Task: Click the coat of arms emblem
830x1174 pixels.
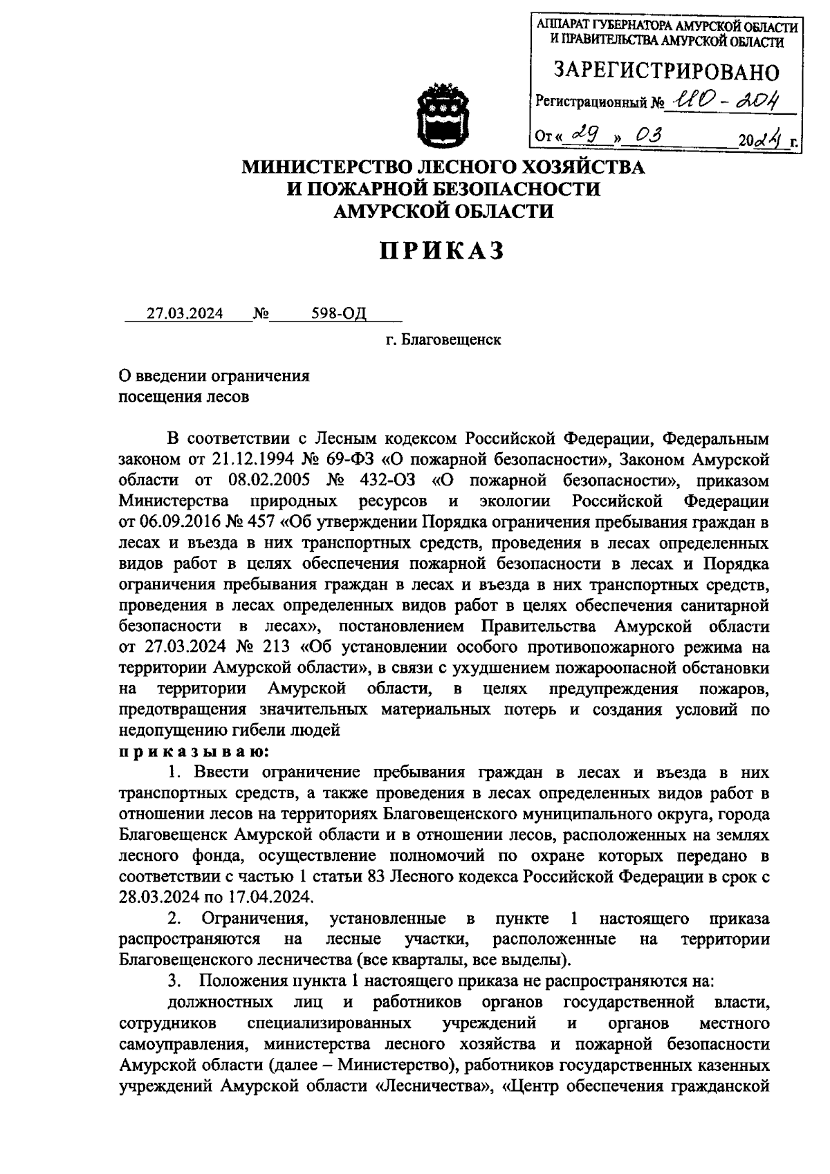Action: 444,114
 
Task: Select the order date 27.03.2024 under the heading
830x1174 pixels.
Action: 185,314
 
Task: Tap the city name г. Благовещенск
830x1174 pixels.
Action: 443,341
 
